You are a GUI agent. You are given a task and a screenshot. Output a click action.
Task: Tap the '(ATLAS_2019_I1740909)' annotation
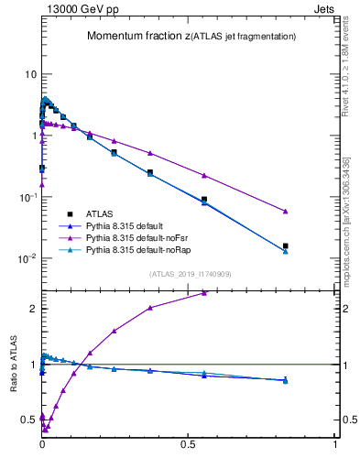(x=189, y=274)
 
